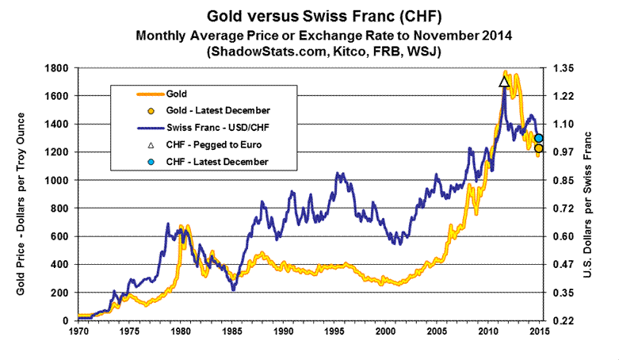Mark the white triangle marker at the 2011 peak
coord(504,82)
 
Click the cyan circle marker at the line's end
coord(539,138)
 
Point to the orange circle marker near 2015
coord(538,148)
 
